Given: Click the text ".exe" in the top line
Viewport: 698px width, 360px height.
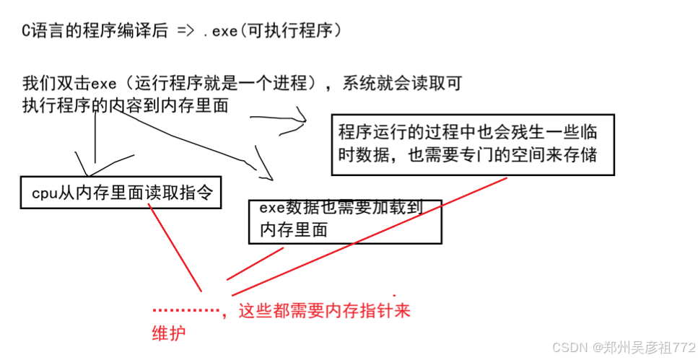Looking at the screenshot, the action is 218,32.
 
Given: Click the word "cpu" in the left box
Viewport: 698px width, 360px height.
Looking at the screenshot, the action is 44,193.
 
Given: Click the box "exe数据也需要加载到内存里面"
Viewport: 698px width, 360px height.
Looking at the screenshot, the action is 344,220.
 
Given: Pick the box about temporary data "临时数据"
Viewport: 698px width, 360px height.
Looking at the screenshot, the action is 473,144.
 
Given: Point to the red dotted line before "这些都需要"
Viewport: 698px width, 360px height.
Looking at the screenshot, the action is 186,311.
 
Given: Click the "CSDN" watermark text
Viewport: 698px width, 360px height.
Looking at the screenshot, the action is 568,346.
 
